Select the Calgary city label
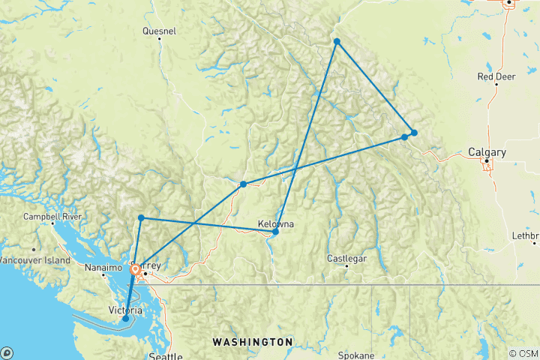tap(487, 152)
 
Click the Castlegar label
tap(346, 259)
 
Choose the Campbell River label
tap(52, 216)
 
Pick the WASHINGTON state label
tap(252, 342)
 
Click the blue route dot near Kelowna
tap(275, 232)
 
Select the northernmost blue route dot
tap(337, 41)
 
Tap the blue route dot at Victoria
tap(126, 319)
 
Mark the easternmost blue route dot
tap(413, 133)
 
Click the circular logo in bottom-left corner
tap(6, 353)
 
